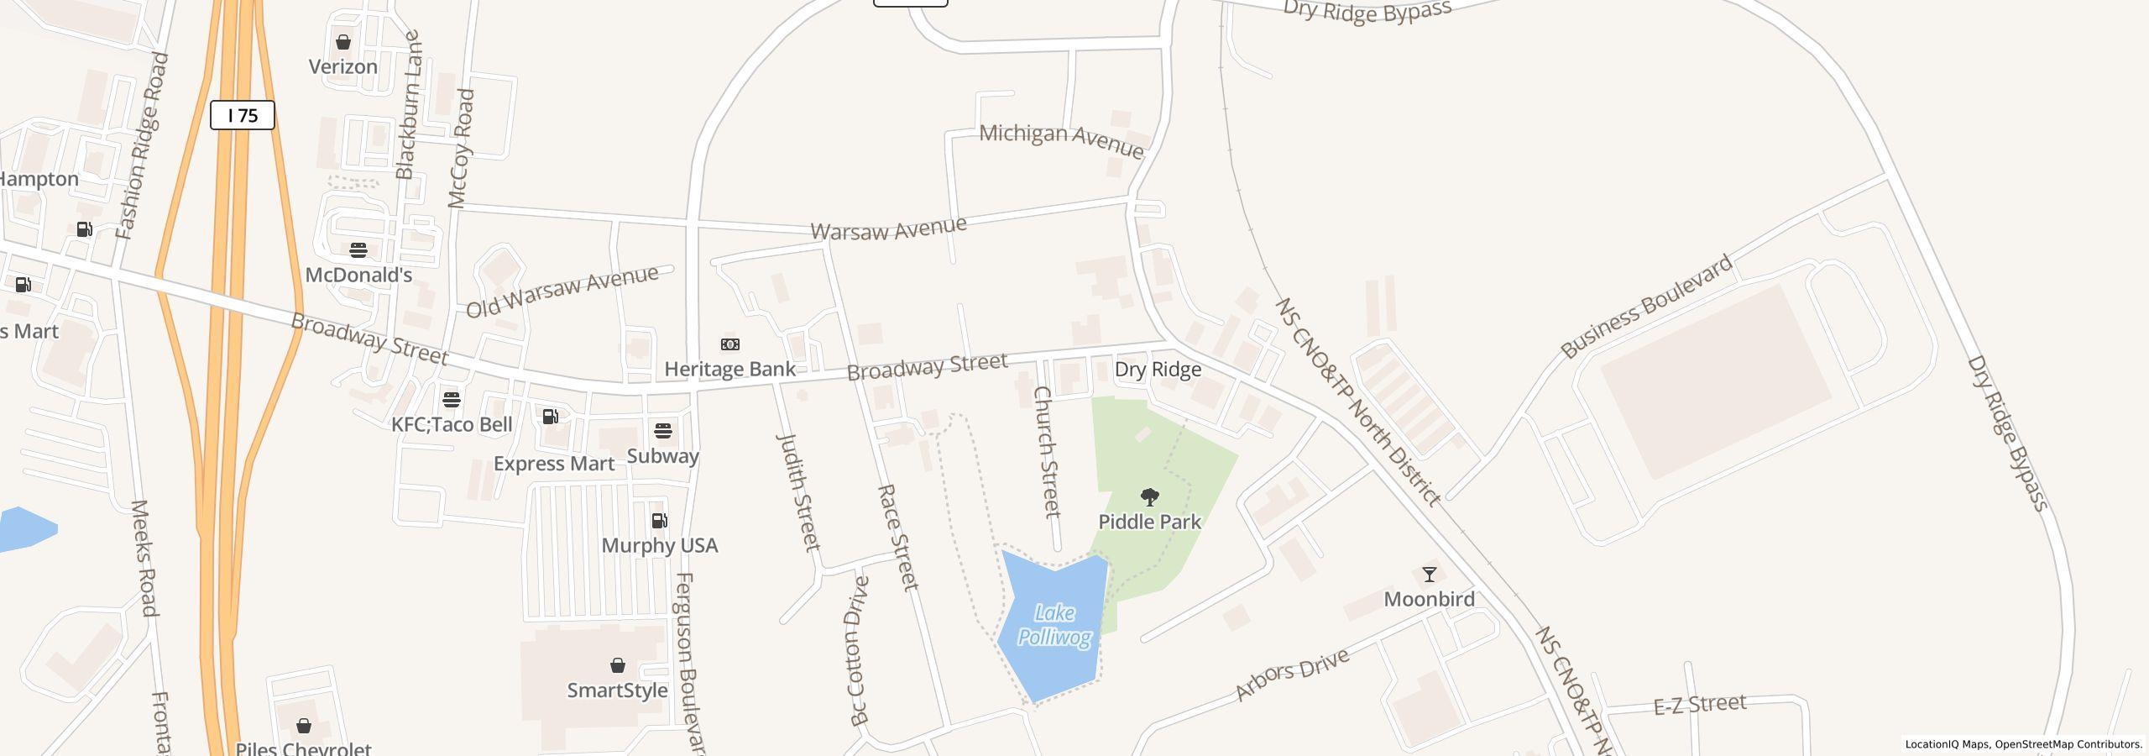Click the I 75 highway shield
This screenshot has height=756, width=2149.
click(x=242, y=115)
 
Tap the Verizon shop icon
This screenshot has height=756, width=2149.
click(x=342, y=42)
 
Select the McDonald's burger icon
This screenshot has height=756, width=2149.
click(x=358, y=250)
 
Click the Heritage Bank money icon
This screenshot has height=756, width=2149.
click(x=730, y=344)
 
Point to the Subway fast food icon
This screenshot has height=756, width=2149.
click(x=663, y=432)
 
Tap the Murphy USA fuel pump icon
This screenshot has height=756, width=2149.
click(x=660, y=521)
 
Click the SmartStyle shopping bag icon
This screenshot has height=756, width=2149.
click(x=618, y=666)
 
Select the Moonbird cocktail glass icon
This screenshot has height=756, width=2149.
click(x=1429, y=575)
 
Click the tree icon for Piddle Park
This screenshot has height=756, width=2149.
click(x=1150, y=497)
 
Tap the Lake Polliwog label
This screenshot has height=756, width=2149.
click(x=1054, y=625)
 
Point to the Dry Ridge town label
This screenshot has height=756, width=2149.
click(x=1158, y=370)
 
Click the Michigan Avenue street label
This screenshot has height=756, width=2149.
click(x=1061, y=140)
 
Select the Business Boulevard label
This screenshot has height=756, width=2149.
click(x=1647, y=307)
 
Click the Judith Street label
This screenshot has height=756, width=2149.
click(x=798, y=492)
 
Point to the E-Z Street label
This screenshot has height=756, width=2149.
click(x=1700, y=704)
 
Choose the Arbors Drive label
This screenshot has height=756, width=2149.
click(x=1292, y=674)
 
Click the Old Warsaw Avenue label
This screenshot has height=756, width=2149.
click(x=562, y=291)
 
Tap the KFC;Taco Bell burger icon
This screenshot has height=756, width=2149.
click(x=452, y=399)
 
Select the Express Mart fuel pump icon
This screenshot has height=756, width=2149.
click(x=551, y=417)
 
